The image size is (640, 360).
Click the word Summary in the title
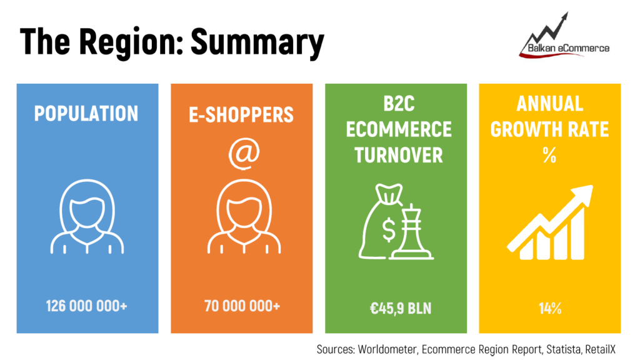tap(257, 42)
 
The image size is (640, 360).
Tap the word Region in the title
tap(131, 42)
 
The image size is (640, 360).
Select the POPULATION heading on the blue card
tap(86, 114)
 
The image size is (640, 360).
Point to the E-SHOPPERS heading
tap(241, 115)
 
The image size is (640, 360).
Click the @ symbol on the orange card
tap(244, 154)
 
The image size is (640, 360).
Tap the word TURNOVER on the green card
tap(398, 155)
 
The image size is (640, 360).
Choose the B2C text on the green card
tap(399, 104)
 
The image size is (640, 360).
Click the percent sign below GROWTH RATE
tap(549, 155)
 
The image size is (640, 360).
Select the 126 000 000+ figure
tap(86, 306)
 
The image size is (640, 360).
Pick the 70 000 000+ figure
tap(242, 306)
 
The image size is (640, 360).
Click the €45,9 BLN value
tap(401, 308)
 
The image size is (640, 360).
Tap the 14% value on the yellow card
tap(550, 308)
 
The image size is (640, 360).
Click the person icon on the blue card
tap(87, 216)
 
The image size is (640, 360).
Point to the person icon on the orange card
tap(244, 216)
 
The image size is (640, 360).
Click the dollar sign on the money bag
tap(389, 230)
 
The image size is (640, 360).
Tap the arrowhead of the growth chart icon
tap(583, 195)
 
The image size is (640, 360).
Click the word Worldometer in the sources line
tap(387, 349)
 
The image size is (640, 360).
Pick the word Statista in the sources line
tap(563, 349)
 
